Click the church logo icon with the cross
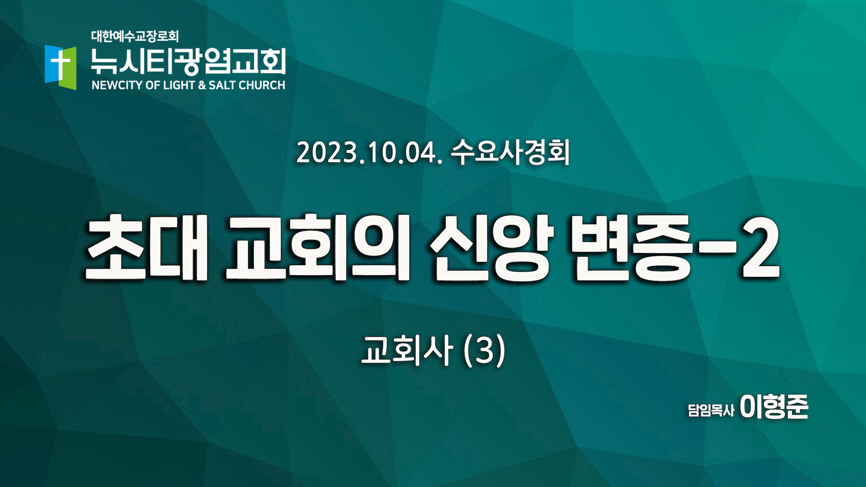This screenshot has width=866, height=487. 60,67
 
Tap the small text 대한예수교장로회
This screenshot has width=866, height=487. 135,36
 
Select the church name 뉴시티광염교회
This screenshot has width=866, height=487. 188,61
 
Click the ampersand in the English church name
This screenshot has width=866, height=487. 202,85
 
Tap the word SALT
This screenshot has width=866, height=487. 222,85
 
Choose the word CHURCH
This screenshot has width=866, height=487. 262,85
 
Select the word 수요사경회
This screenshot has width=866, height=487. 510,152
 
